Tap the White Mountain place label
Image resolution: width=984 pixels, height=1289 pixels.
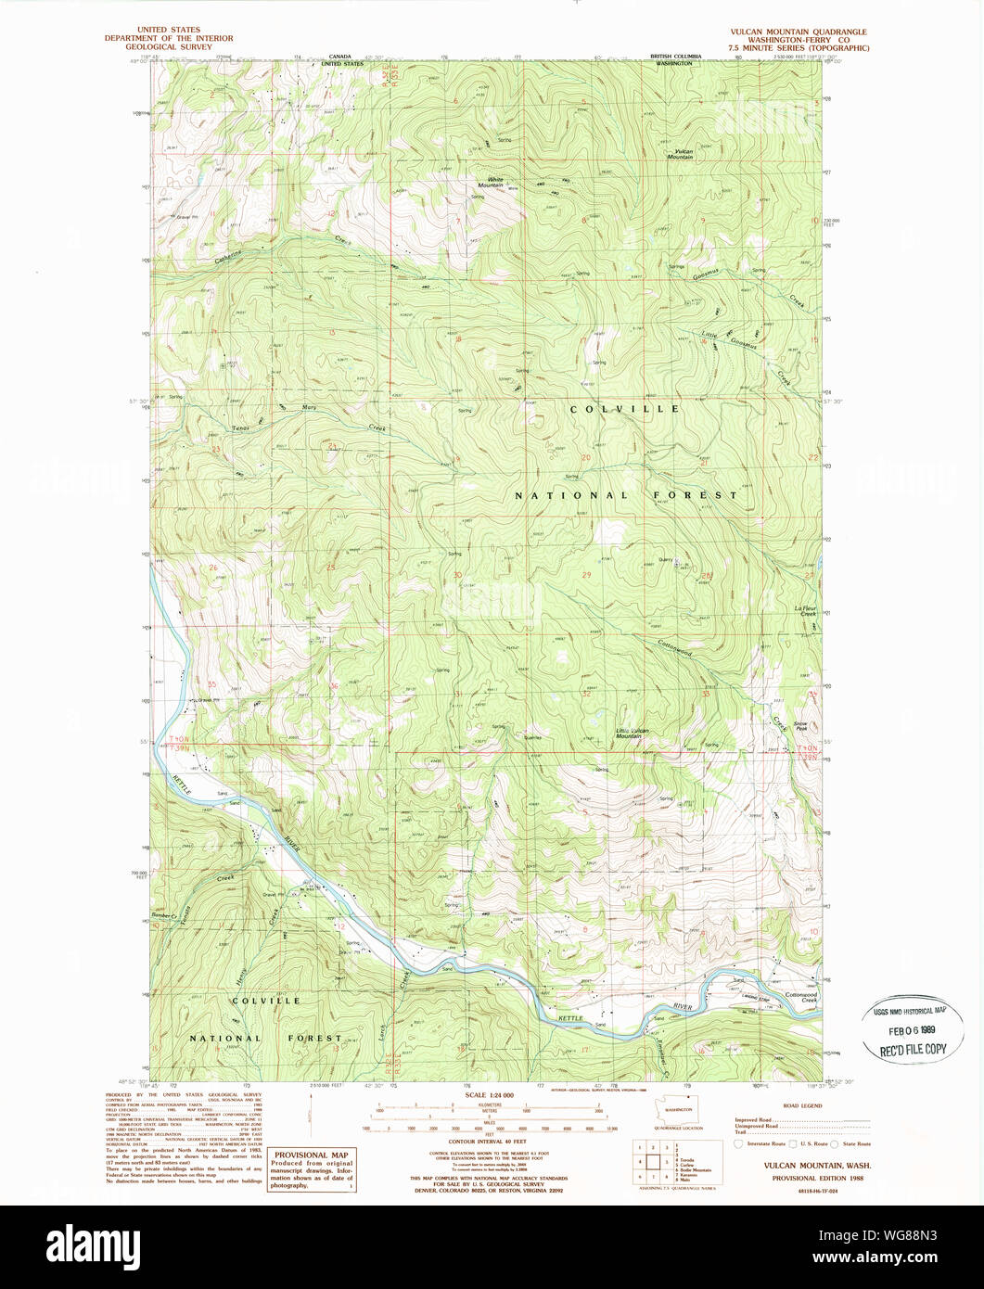pos(490,183)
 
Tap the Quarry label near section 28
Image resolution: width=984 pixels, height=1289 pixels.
pos(665,560)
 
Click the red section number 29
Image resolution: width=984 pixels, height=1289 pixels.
pos(586,575)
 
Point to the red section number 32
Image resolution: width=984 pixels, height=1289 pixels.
pos(586,693)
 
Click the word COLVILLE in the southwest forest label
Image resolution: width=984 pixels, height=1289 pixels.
pos(265,1001)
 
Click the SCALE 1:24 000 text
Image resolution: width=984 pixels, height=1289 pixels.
pos(487,1094)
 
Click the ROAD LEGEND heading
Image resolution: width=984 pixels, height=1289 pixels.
pos(802,1106)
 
